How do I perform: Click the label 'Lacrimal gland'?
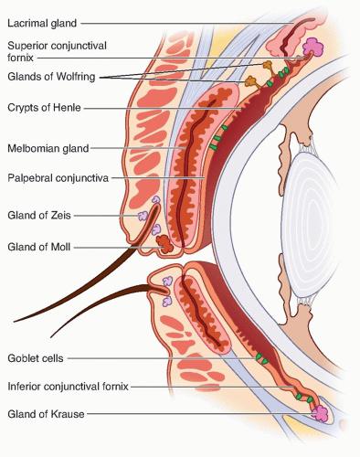[x=42, y=23]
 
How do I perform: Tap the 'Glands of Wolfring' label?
[x=51, y=76]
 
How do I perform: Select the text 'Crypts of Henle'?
[x=44, y=107]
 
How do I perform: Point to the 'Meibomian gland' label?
[x=48, y=148]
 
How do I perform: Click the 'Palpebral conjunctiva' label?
[x=58, y=177]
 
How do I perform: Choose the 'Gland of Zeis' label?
[x=39, y=215]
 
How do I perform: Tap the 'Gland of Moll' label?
[x=39, y=247]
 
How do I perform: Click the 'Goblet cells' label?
[x=36, y=358]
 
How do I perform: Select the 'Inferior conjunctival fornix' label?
[x=68, y=387]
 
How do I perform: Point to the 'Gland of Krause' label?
[x=46, y=414]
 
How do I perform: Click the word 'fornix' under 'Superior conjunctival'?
[x=20, y=58]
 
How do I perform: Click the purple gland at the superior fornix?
[x=313, y=48]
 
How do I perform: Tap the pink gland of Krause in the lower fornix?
[x=320, y=413]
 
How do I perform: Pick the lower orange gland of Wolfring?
[x=251, y=81]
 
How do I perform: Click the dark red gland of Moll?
[x=164, y=244]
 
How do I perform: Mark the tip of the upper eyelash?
[x=15, y=322]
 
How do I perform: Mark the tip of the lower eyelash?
[x=51, y=337]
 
